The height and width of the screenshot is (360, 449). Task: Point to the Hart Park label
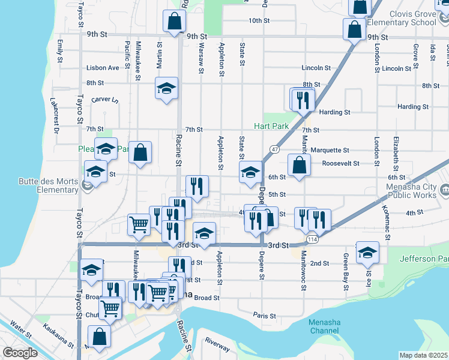click(x=271, y=127)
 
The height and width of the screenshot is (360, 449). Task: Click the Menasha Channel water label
click(x=324, y=326)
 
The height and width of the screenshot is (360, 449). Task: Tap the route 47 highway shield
click(x=274, y=148)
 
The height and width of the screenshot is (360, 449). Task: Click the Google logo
click(x=20, y=353)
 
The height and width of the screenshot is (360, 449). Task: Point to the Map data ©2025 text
click(x=423, y=355)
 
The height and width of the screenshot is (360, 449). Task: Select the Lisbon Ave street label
click(x=103, y=68)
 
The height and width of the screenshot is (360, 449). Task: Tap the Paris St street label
click(x=264, y=315)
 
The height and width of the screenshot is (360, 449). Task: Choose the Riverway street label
click(x=217, y=344)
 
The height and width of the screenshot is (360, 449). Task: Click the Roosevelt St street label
click(x=340, y=163)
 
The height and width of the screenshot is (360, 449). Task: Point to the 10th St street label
click(x=259, y=20)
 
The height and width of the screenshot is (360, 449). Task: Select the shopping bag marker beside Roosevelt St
click(x=299, y=164)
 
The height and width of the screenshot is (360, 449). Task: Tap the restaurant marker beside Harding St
click(x=303, y=98)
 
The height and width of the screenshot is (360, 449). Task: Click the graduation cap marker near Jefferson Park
click(x=367, y=252)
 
